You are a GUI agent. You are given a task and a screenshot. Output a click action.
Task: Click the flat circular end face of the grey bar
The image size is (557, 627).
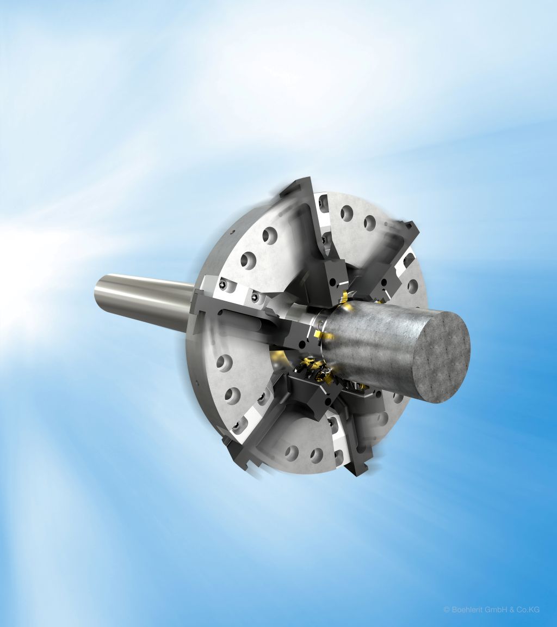coord(441,357)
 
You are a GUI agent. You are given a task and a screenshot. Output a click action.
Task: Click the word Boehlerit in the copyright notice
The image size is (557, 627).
coord(466,610)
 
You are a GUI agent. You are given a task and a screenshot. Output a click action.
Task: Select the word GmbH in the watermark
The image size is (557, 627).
coord(494,610)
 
